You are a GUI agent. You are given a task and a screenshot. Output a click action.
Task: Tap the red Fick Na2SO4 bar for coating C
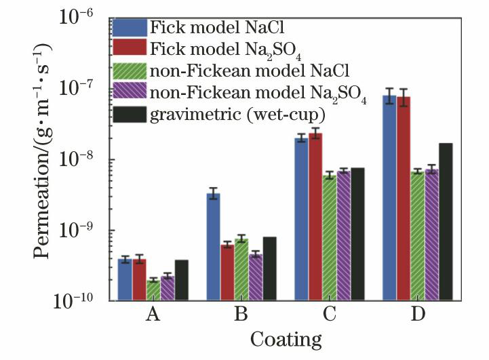(315, 217)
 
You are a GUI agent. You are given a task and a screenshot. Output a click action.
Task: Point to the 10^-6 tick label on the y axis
(81, 18)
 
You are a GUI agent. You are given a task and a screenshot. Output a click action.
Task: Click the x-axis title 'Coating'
(286, 338)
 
